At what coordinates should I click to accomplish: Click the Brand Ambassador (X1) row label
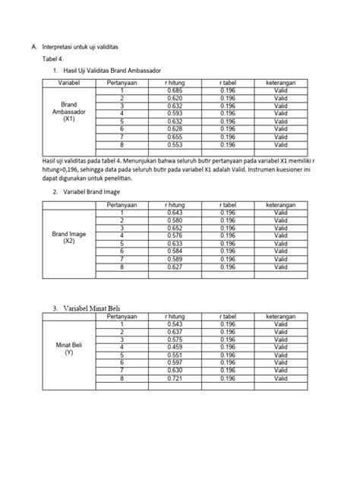68,112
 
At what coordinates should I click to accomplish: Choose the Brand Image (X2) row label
68,237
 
